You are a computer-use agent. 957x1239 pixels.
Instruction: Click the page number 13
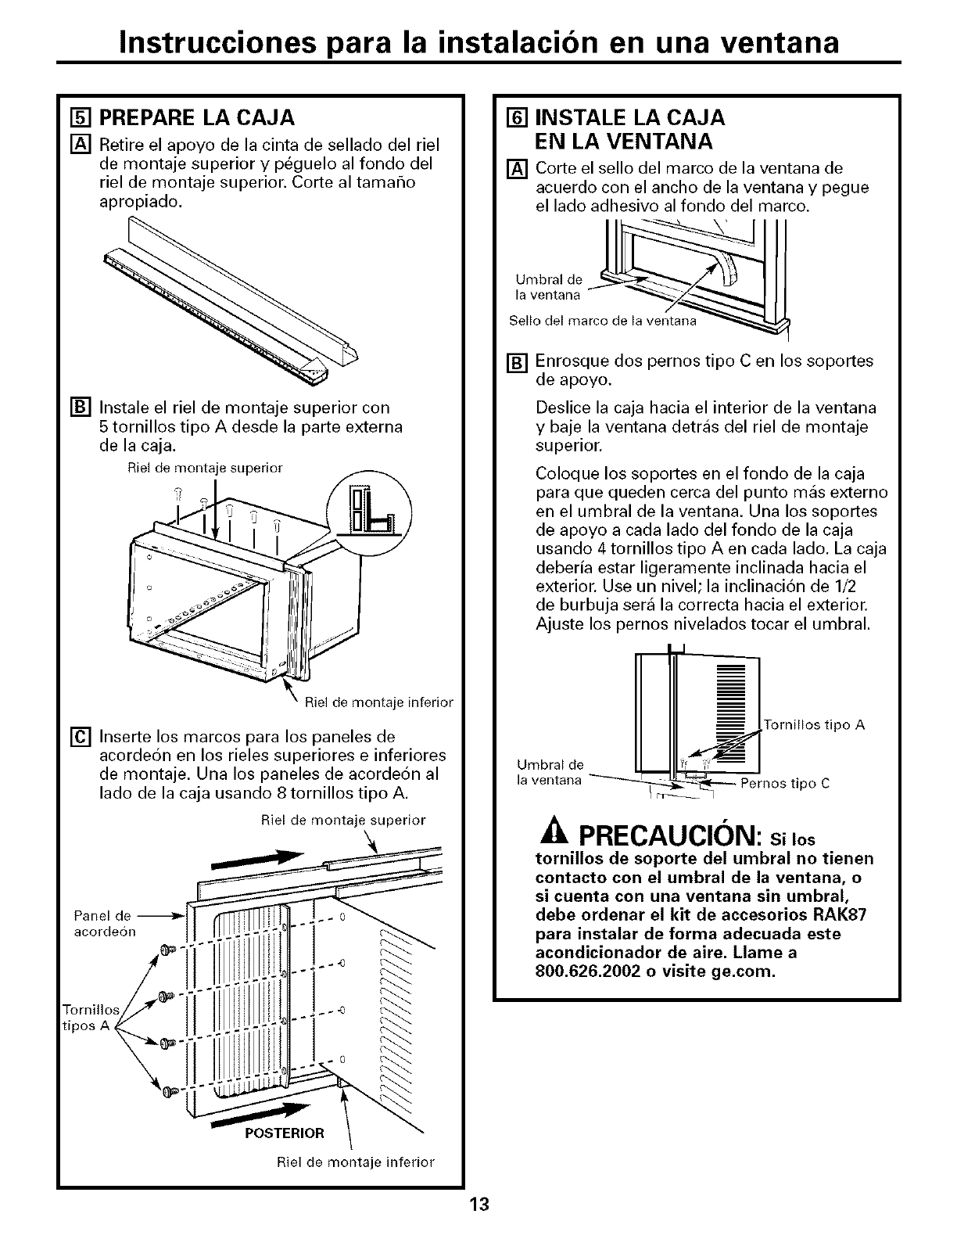[478, 1204]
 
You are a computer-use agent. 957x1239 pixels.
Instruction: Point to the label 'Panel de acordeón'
[104, 924]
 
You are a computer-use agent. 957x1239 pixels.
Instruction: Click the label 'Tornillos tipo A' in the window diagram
[813, 725]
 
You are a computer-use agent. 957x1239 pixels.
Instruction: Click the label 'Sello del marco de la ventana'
[601, 321]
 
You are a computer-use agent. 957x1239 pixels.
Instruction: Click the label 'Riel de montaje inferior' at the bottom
[356, 1162]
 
